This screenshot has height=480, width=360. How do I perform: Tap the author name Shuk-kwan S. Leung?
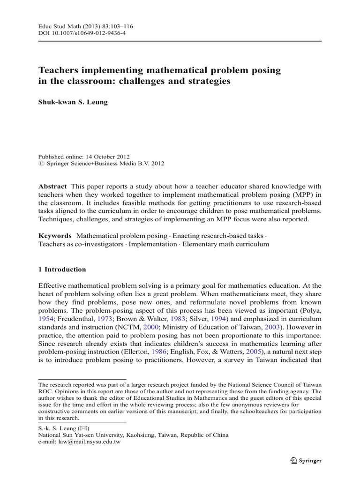73,102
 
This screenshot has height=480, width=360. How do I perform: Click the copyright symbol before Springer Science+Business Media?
40,164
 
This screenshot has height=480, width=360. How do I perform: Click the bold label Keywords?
55,235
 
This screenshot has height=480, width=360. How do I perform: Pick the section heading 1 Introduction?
62,270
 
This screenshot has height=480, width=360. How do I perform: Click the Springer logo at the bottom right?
306,461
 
